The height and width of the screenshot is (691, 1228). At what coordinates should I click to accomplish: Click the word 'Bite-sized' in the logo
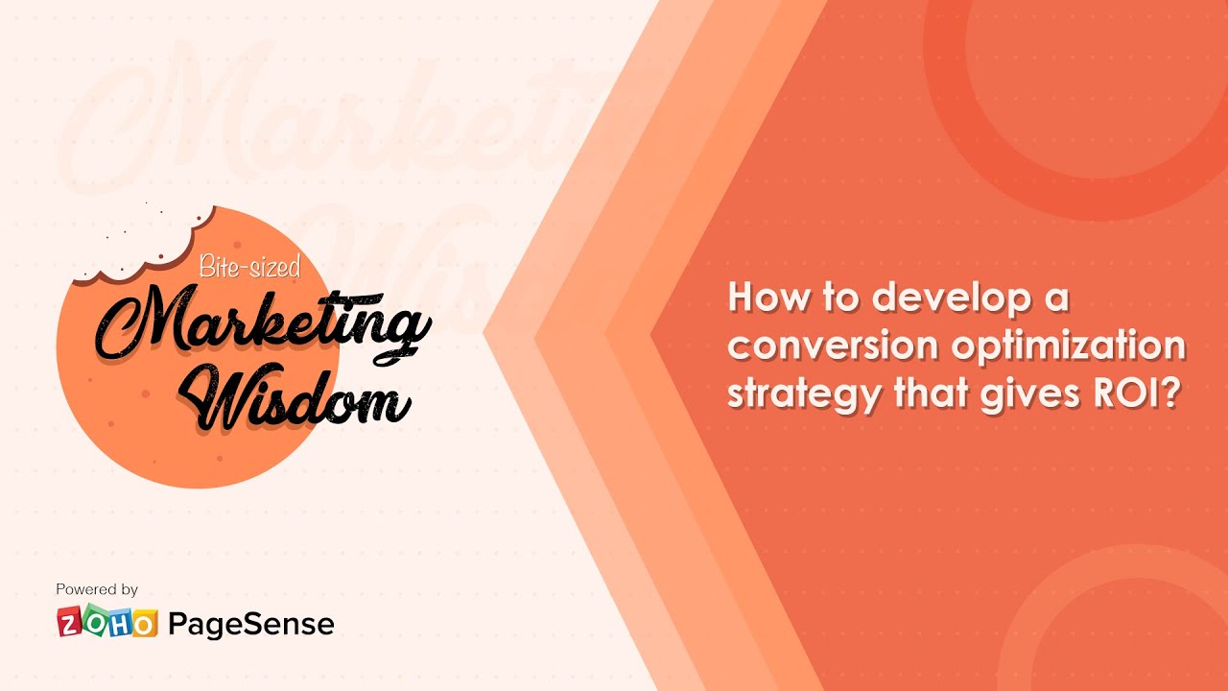(248, 266)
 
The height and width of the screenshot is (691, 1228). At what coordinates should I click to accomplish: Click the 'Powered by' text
(97, 589)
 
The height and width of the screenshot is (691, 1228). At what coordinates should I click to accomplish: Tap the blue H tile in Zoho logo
(120, 624)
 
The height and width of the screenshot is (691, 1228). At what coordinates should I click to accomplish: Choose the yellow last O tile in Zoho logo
(144, 625)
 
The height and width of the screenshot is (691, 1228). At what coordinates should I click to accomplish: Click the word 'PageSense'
(251, 625)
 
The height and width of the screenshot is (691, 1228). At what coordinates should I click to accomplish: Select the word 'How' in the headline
(763, 298)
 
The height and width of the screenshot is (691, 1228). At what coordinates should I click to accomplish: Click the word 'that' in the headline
(932, 393)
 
